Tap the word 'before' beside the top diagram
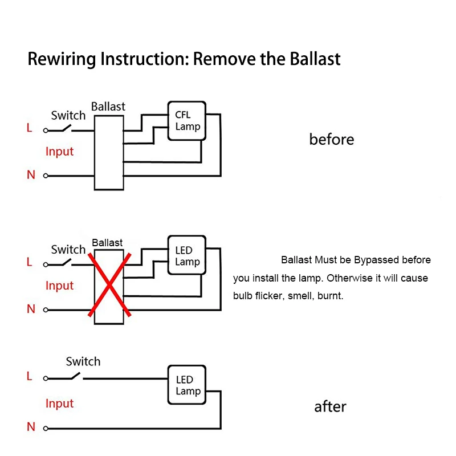[332, 139]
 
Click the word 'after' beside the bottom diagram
[331, 406]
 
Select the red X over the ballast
[109, 284]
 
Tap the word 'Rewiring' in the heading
[62, 60]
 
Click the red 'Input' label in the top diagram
[60, 152]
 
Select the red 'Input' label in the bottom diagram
[60, 404]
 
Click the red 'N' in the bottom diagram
[31, 427]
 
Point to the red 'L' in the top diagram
[30, 128]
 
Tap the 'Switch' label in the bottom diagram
[83, 361]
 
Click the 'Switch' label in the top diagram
[68, 116]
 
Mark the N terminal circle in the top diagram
[46, 176]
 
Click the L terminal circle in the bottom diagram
[46, 378]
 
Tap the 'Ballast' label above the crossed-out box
[107, 243]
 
